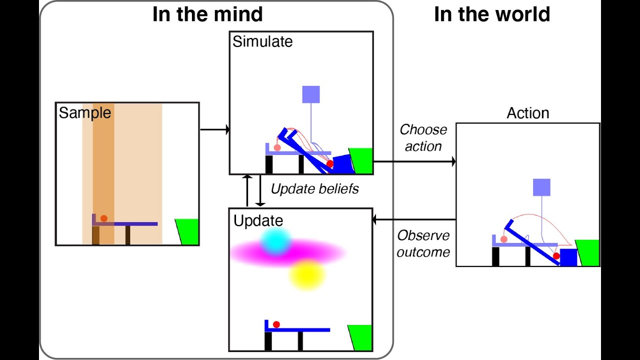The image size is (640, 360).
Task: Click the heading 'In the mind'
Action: (207, 14)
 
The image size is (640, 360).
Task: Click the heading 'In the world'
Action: (492, 14)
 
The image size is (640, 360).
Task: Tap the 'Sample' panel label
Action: (85, 113)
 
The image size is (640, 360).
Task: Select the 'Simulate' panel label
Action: (262, 41)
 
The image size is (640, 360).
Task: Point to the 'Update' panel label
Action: (258, 220)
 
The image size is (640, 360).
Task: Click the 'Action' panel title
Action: (528, 113)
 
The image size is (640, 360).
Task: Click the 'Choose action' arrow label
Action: (423, 138)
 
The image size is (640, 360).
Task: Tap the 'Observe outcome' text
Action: (423, 243)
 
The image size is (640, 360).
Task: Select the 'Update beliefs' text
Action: (314, 189)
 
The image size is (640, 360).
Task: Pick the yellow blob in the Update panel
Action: (306, 274)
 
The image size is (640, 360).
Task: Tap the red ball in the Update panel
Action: (276, 324)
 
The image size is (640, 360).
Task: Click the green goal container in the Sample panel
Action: (188, 231)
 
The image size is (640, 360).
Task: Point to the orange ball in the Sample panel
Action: (103, 218)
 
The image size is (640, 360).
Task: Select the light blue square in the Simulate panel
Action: (311, 94)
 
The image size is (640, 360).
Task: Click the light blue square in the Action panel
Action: (541, 187)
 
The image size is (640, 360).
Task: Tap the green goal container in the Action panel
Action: (588, 252)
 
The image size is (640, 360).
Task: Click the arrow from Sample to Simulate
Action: (214, 130)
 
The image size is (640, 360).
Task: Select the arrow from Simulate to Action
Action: (414, 161)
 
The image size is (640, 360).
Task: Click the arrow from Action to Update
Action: (414, 219)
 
